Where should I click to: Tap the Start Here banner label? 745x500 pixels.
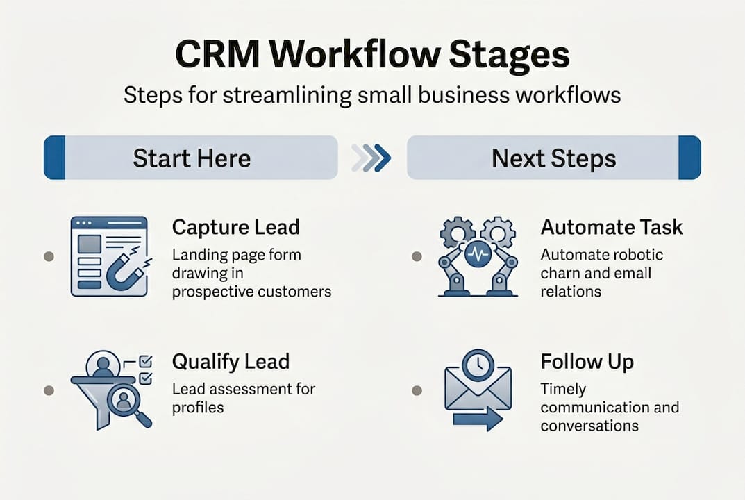[192, 158]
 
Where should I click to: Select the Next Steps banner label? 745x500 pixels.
[553, 158]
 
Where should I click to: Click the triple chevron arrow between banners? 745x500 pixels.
[371, 158]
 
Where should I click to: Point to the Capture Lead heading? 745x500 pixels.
[235, 227]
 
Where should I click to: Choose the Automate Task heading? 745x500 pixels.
[612, 227]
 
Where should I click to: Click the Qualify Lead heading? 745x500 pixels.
[231, 362]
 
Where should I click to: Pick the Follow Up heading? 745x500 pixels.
[587, 362]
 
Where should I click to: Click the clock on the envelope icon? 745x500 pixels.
[478, 365]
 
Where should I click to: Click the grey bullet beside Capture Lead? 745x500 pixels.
[49, 256]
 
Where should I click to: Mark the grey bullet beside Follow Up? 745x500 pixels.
[417, 390]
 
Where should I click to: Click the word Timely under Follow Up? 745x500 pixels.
[563, 389]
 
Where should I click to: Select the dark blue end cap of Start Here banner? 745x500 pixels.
[54, 158]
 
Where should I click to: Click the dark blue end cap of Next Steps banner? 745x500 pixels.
[689, 158]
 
